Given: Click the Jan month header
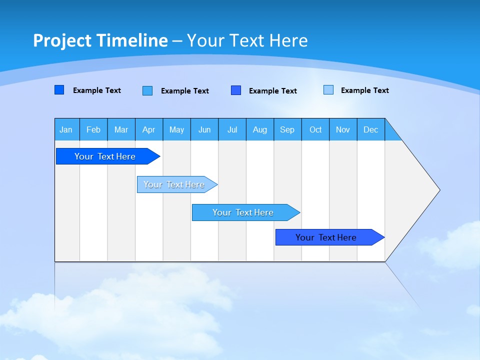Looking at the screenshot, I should [x=66, y=129].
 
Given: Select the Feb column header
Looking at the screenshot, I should [x=93, y=129].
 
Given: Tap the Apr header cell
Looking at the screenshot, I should [x=148, y=129].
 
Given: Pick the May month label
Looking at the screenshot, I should [x=176, y=129].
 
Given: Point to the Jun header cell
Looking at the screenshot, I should [x=204, y=129].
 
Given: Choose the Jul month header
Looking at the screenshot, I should [x=232, y=129].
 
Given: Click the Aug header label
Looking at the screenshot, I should [x=260, y=129].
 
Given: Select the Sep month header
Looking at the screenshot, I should [x=287, y=129].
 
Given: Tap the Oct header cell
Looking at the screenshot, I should [x=315, y=129].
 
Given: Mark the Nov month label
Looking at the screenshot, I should [x=343, y=129].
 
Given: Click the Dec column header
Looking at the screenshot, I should [x=371, y=129].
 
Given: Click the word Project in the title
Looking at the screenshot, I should [x=62, y=40].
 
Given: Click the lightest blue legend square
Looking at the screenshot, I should [x=328, y=90].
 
